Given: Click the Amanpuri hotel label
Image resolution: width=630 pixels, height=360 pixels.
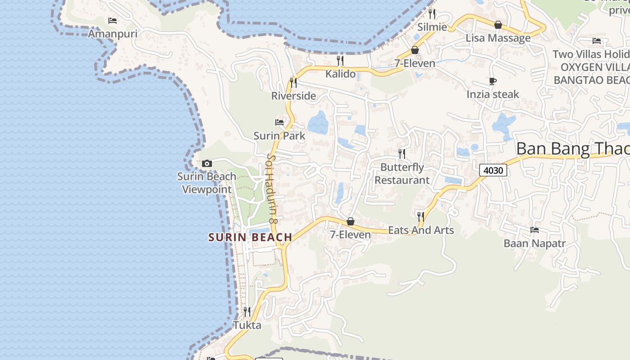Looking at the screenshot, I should click(x=112, y=34).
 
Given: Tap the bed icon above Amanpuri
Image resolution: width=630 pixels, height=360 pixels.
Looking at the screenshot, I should click(x=112, y=21).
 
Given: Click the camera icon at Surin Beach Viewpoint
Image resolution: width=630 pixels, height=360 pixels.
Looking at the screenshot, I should click(x=207, y=163).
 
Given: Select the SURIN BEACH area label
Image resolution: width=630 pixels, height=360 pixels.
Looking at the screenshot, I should click(x=250, y=237).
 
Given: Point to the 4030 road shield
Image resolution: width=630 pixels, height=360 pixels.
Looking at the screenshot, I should click(x=493, y=170).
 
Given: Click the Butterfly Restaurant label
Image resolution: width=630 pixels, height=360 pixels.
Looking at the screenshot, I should click(x=402, y=174).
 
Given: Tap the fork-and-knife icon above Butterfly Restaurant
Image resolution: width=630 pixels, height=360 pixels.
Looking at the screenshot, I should click(x=402, y=154).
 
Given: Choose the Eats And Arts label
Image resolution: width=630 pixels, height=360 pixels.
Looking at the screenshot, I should click(x=421, y=230).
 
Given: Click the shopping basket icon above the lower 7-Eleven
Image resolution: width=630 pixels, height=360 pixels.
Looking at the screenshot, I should click(x=350, y=221).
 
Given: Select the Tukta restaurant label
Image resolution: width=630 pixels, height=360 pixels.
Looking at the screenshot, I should click(x=247, y=325).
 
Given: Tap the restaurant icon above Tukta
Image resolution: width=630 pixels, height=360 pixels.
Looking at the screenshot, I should click(x=247, y=311).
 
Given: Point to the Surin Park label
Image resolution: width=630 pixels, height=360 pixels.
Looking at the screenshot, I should click(x=279, y=135).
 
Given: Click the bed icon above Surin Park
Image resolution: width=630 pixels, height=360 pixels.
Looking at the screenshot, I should click(x=279, y=122).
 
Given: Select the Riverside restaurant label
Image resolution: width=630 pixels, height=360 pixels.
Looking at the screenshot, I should click(x=293, y=96).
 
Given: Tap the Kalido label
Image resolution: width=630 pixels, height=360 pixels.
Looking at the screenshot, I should click(x=340, y=74).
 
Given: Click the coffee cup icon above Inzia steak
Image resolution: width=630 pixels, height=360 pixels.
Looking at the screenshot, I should click(x=493, y=81).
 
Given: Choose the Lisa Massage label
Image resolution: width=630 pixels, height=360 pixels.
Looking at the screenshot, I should click(x=498, y=38).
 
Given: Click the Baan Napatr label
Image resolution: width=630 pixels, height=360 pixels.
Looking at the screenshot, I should click(x=535, y=243).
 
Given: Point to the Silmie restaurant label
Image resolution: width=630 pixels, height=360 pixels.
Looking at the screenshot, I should click(x=432, y=27).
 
